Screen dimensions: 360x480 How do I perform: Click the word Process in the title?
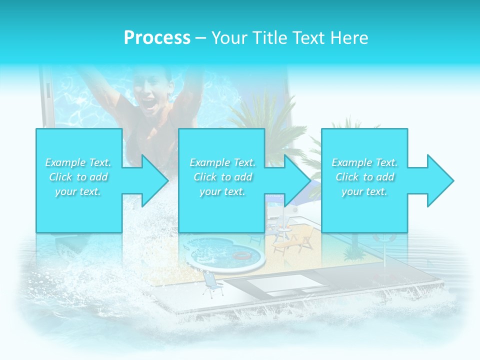(x=157, y=38)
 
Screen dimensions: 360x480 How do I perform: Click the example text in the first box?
(x=78, y=177)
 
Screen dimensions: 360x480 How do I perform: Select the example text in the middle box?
(x=222, y=177)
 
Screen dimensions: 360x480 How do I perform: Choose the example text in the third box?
(x=364, y=177)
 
